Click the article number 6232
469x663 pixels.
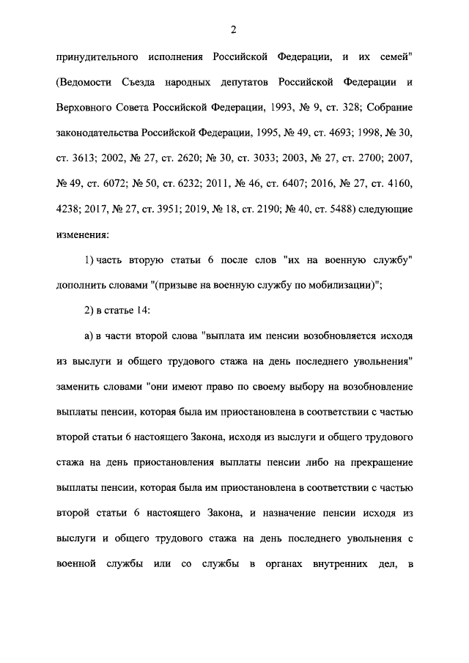tap(198, 184)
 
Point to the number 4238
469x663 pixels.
tap(69, 210)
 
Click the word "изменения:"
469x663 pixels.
tap(82, 235)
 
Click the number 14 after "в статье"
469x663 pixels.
tap(142, 312)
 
